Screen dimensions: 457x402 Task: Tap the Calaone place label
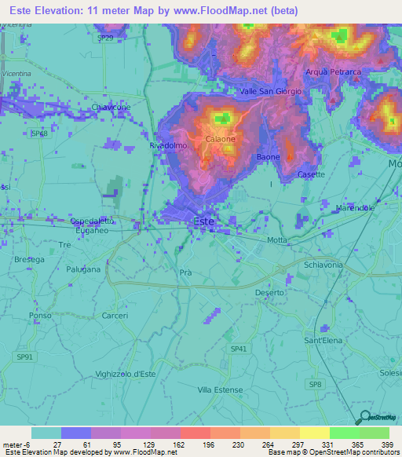coord(221,139)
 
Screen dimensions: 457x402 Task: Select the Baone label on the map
coord(268,157)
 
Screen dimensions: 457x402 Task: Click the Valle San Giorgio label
coord(270,91)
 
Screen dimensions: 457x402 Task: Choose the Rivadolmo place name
coord(166,146)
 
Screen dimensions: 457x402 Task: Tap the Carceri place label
coord(115,316)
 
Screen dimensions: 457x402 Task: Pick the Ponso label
coord(39,316)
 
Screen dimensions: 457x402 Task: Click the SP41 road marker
coord(239,349)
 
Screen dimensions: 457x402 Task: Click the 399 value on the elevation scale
coord(388,444)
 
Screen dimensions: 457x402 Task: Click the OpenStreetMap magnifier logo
coord(364,417)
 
